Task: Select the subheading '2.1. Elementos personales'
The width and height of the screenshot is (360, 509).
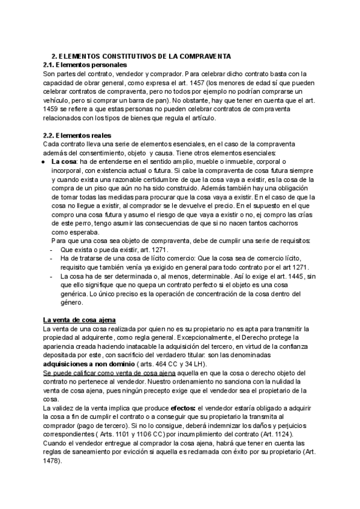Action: pyautogui.click(x=85, y=65)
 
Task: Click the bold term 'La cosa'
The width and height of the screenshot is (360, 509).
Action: pyautogui.click(x=64, y=161)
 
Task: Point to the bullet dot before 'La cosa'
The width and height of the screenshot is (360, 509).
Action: pyautogui.click(x=46, y=161)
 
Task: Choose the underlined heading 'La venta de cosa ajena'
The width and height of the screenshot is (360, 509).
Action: pyautogui.click(x=80, y=319)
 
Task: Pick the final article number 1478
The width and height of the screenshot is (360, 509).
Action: pyautogui.click(x=52, y=462)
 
